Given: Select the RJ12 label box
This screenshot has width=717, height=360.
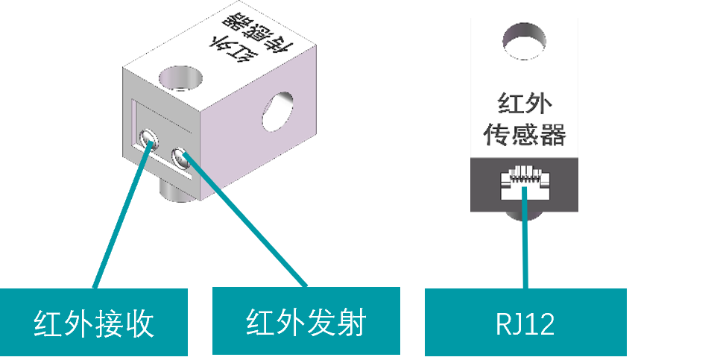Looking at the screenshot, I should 525,323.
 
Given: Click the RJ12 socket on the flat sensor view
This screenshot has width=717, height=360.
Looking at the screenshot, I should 525,182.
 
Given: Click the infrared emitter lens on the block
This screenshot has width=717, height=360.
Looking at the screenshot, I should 181,157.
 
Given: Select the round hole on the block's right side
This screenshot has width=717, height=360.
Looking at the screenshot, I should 278,111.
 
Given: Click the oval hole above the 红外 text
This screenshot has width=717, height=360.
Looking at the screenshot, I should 525,40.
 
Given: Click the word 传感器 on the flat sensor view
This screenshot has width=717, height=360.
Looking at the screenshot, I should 525,135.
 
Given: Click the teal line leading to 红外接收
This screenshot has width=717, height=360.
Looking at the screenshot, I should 119,224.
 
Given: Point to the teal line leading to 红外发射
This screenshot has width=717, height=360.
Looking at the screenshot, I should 246,224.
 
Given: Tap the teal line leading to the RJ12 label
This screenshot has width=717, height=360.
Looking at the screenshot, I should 525,246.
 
